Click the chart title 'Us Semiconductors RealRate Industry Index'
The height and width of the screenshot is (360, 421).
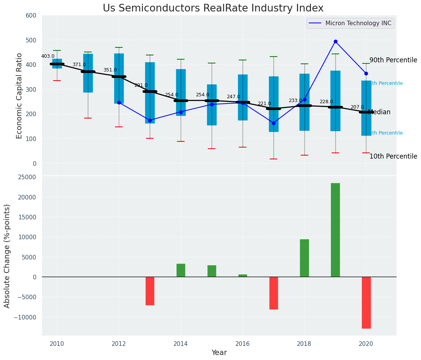point(213,8)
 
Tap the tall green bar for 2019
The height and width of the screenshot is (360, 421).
point(335,230)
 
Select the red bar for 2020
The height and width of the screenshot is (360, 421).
point(366,302)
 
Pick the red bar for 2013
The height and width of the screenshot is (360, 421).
point(150,291)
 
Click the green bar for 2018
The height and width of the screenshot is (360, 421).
point(304,258)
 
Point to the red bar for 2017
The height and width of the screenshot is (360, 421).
point(274,293)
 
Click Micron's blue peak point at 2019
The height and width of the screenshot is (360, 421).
point(335,41)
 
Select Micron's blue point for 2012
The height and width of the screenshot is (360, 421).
point(119,102)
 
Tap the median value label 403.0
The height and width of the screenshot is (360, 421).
point(48,56)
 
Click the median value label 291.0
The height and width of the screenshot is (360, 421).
point(141,85)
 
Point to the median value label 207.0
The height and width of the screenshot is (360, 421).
point(357,107)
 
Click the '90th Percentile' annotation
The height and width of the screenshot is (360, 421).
point(393,60)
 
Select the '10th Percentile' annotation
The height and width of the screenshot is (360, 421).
point(393,157)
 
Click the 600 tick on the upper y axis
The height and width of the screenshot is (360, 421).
point(31,16)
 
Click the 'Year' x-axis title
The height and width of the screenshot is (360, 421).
point(219,353)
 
